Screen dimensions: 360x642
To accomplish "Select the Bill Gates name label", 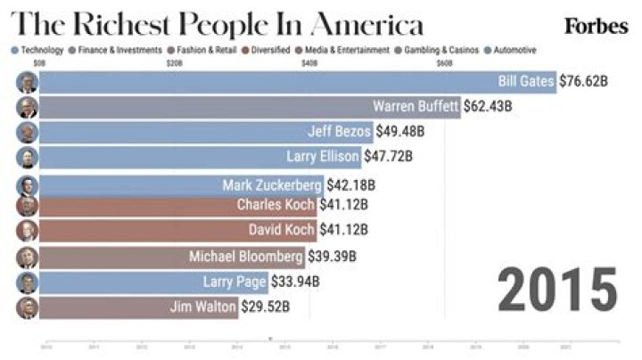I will click(x=526, y=82).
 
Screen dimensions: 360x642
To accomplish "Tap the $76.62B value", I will click(x=583, y=82).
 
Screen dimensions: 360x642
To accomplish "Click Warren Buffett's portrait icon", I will click(x=27, y=108).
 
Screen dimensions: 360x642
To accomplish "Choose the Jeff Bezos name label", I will click(x=339, y=133).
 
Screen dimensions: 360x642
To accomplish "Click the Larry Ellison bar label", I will click(x=323, y=158).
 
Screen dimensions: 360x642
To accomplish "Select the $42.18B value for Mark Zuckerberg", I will click(x=349, y=185).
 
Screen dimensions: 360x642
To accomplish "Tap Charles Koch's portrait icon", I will click(x=27, y=206).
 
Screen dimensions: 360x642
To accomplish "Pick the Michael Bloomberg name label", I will click(x=246, y=257).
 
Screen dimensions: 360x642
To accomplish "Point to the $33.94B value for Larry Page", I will click(x=295, y=282).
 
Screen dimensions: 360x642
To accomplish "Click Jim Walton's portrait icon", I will click(x=27, y=308).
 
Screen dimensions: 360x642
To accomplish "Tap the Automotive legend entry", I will click(x=515, y=51).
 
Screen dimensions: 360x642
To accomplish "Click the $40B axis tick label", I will click(x=309, y=64).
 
